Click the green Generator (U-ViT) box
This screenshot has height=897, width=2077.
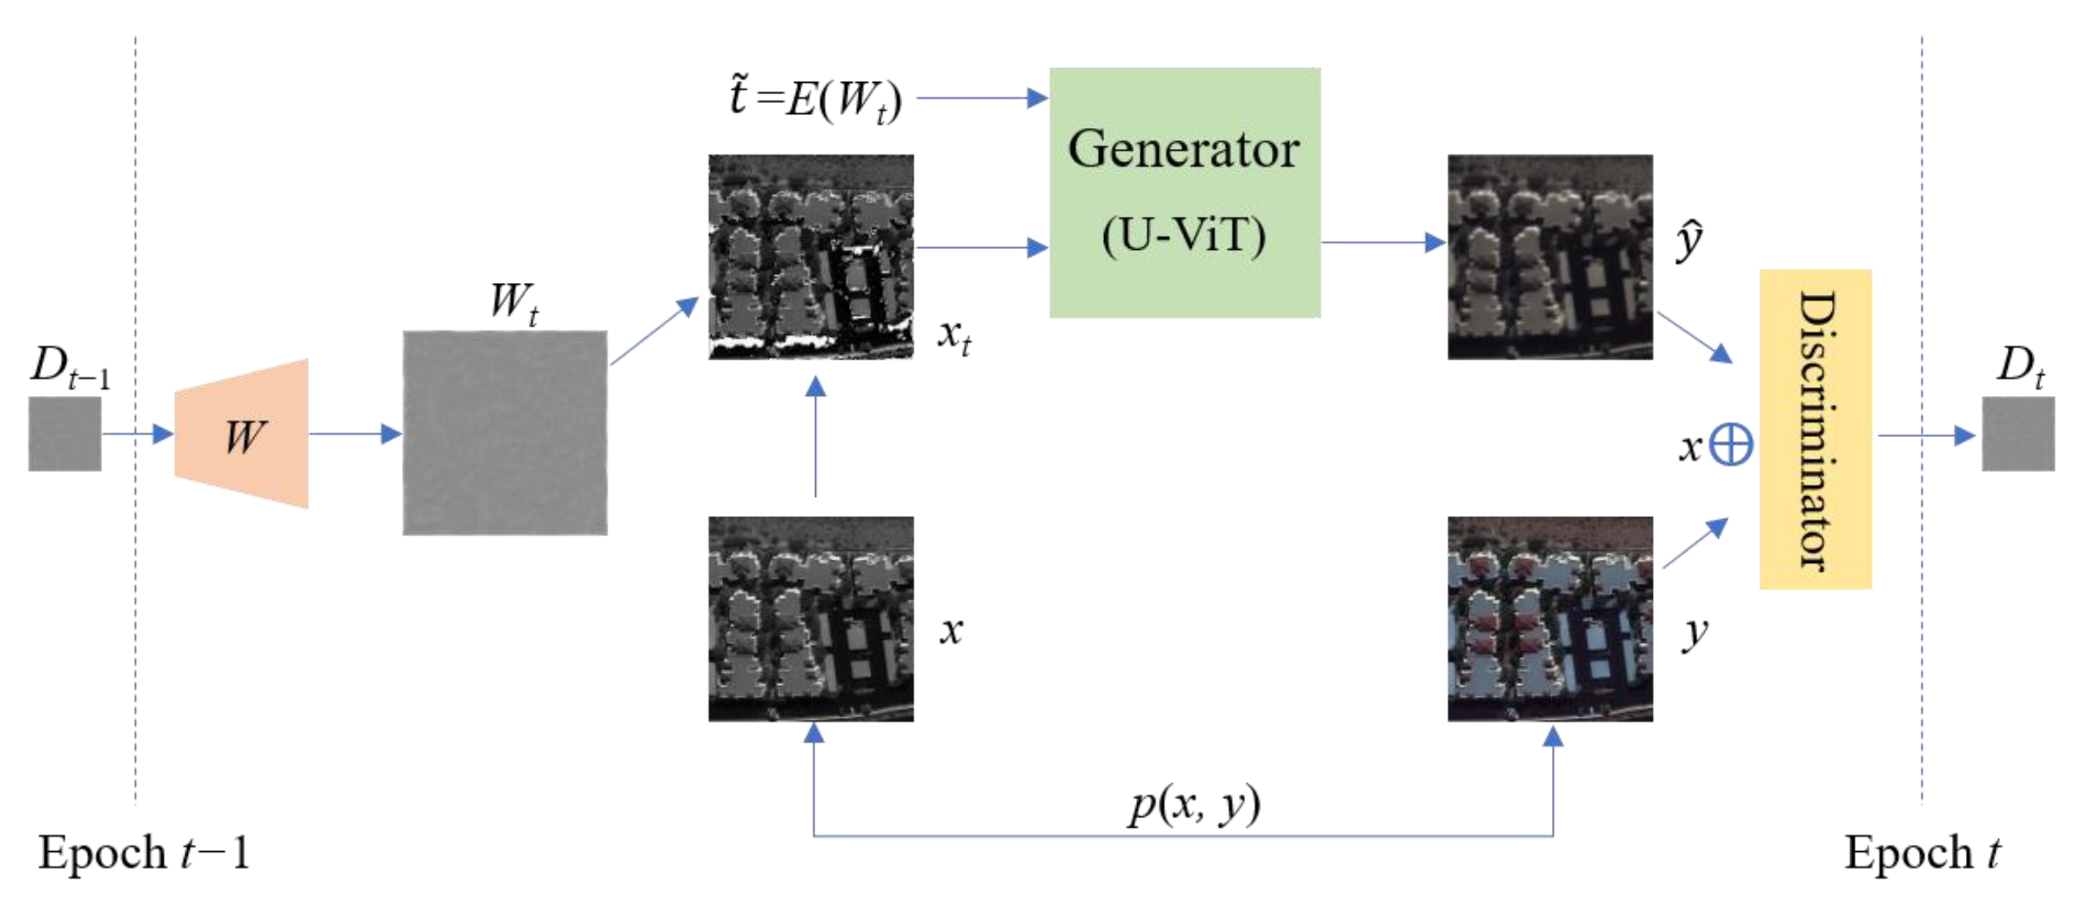(x=1184, y=192)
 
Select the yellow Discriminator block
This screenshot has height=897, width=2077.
(x=1814, y=429)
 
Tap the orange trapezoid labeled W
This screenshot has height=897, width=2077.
(x=242, y=434)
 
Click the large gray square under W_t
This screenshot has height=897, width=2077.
(x=505, y=432)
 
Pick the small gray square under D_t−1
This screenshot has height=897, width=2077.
(x=65, y=434)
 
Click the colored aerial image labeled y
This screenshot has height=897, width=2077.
(x=1549, y=619)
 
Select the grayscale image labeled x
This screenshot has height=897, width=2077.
(x=811, y=619)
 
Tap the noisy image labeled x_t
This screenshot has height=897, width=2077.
(x=811, y=257)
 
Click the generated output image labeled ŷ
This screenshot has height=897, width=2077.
(x=1549, y=257)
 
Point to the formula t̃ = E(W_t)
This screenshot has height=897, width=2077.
(x=815, y=98)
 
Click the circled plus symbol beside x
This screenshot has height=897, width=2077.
(x=1731, y=444)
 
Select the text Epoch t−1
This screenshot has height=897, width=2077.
(x=143, y=853)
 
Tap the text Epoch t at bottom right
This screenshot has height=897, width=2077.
(x=1922, y=853)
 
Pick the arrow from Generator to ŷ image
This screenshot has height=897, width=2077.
(x=1382, y=242)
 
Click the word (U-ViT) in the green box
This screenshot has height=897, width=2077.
(x=1184, y=236)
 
